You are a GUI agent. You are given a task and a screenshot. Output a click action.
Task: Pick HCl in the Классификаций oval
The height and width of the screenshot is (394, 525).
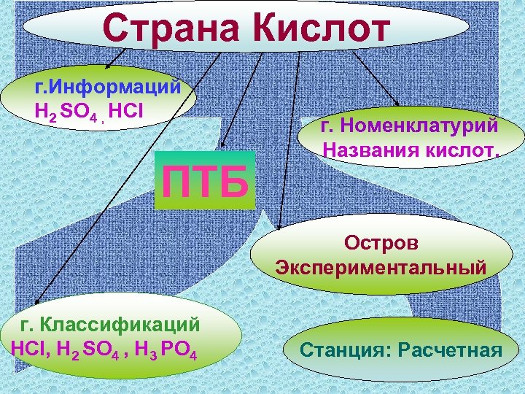(27, 347)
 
